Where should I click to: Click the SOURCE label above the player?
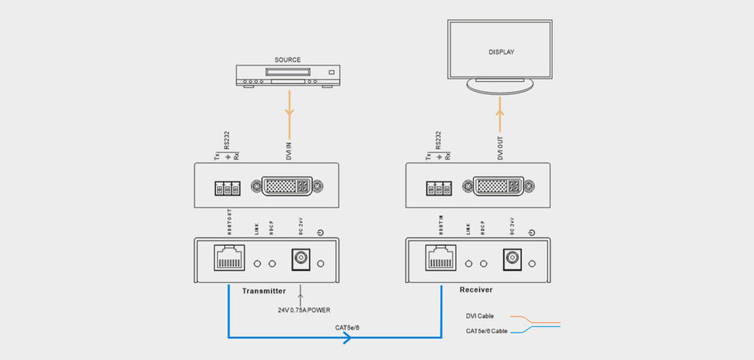(x=287, y=60)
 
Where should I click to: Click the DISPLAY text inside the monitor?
(x=501, y=52)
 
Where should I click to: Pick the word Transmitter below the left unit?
(x=264, y=291)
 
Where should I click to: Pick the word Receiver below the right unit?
(x=476, y=290)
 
